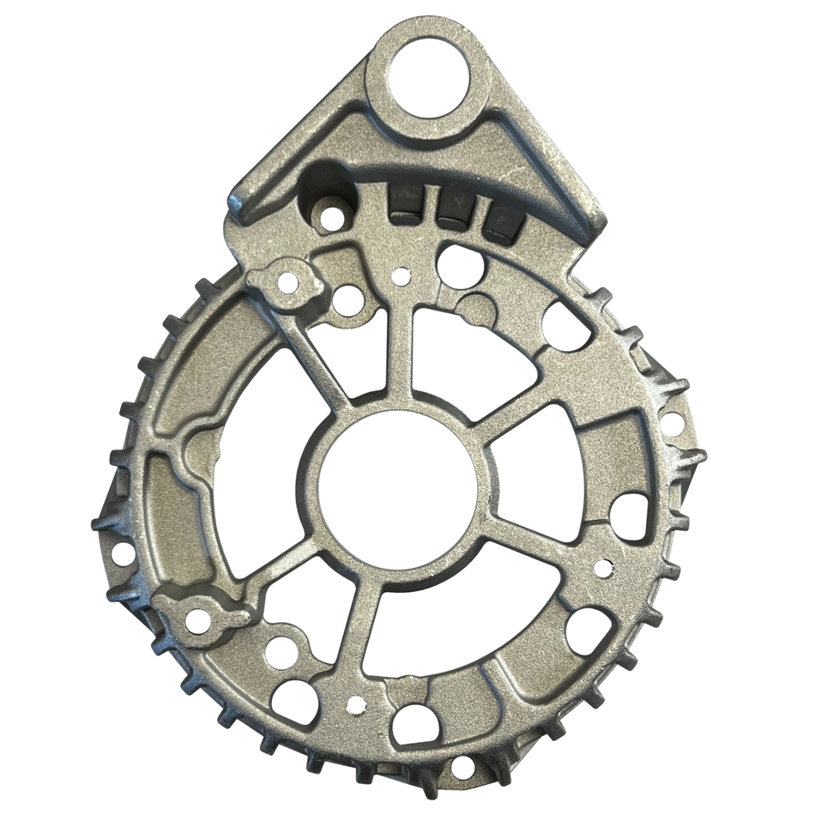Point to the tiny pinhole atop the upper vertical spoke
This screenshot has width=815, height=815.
click(401, 276)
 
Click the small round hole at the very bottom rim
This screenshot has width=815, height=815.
click(463, 767)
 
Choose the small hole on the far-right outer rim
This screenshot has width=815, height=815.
click(673, 423)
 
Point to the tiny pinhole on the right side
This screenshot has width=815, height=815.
click(603, 567)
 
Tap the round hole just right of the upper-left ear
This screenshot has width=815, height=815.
click(348, 300)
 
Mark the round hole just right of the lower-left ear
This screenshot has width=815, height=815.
click(281, 653)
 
